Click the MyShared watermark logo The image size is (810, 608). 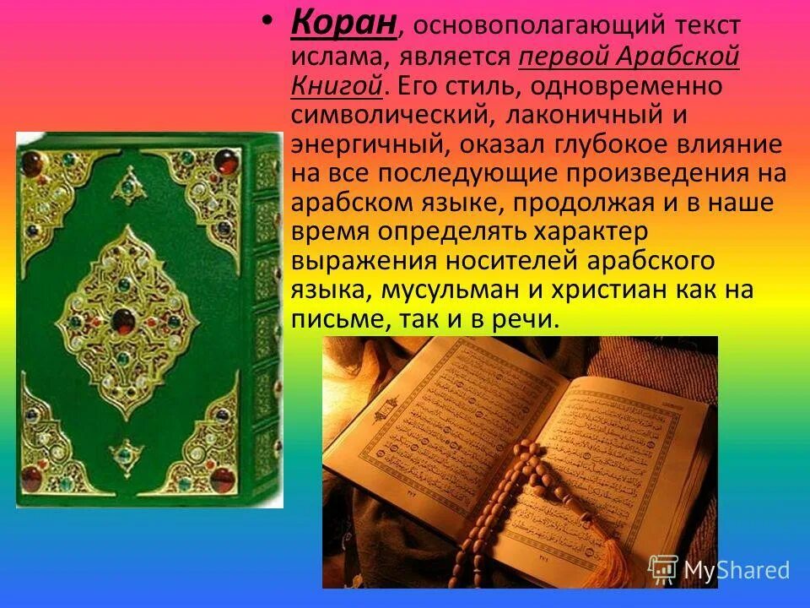click(718, 569)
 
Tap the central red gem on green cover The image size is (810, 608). click(124, 320)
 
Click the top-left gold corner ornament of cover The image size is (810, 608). click(51, 177)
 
